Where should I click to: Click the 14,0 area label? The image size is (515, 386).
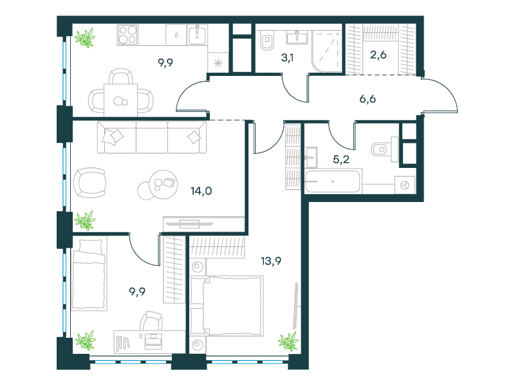201,190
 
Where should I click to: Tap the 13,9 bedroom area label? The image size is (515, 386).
271,261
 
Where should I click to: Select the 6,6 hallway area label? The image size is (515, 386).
368,99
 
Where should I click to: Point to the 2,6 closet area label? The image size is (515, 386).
379,55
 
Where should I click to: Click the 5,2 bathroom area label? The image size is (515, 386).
341,160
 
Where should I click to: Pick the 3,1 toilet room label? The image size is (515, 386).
287,58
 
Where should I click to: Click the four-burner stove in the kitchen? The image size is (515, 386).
127,35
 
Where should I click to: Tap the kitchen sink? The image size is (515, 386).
197,35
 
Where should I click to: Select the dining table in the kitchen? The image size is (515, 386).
120,100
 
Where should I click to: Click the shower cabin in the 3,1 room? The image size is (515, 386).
327,51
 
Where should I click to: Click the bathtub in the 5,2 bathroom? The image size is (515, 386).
332,181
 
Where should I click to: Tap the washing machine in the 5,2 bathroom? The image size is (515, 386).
405,185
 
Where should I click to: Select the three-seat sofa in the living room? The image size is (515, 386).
152,137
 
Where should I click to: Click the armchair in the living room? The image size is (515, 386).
89,183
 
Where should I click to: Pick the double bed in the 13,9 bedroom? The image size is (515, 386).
227,306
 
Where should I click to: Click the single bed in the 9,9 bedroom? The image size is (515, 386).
89,274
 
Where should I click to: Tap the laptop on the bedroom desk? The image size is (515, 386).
153,341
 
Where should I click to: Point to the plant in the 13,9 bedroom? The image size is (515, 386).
288,342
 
